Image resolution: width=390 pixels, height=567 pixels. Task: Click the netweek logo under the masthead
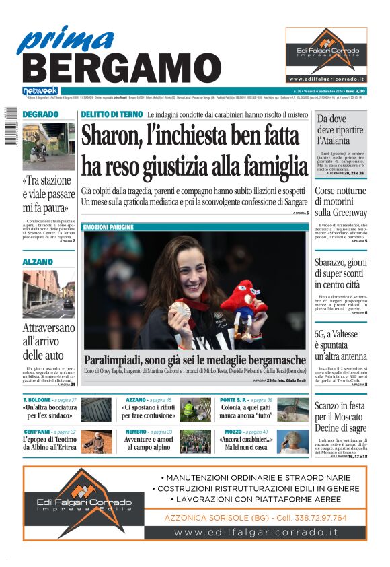click(x=41, y=90)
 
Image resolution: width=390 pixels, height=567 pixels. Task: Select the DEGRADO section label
click(x=40, y=114)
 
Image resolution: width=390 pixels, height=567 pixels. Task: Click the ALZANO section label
click(x=38, y=261)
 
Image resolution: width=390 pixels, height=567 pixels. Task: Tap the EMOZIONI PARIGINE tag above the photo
click(x=108, y=227)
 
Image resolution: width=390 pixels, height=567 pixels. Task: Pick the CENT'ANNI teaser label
click(x=40, y=432)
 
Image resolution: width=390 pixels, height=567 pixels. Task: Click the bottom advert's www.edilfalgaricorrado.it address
click(x=256, y=532)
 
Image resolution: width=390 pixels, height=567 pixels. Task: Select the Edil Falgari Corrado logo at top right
click(x=326, y=54)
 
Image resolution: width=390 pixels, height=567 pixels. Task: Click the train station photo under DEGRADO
click(x=48, y=146)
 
